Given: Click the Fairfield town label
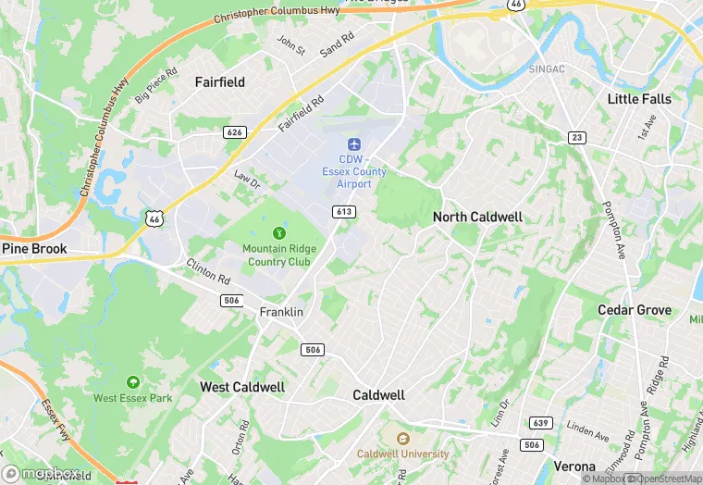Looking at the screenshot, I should (220, 82).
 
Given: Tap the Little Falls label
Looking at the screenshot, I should (639, 98).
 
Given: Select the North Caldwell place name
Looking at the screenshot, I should (477, 217).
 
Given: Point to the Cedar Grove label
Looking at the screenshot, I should (635, 309).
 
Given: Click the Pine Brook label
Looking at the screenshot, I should (34, 249).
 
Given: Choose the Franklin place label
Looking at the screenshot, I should (281, 312).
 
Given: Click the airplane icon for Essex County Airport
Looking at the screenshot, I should (353, 144).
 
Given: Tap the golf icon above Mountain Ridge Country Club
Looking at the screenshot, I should (277, 232).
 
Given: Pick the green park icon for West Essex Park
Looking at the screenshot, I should (133, 381).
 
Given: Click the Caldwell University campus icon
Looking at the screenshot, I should (402, 438).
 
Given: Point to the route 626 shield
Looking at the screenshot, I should (235, 132).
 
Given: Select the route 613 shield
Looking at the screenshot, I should (344, 212).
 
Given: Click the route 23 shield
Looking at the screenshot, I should (576, 137).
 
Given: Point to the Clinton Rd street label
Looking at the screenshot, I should (209, 271).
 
